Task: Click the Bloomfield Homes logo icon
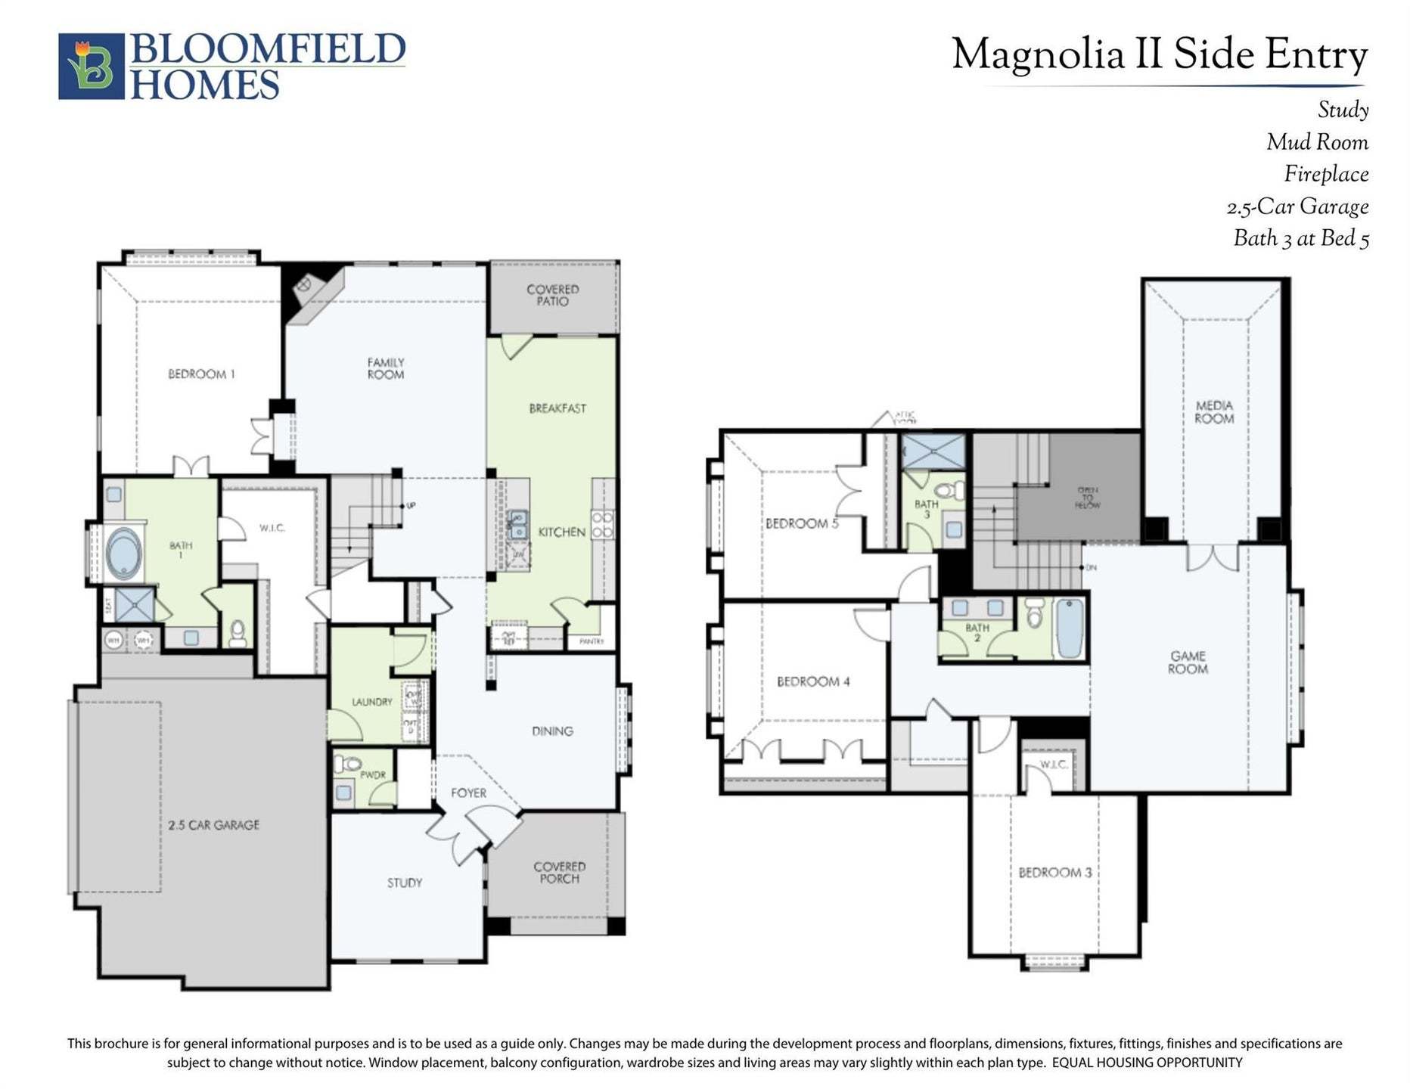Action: pyautogui.click(x=91, y=66)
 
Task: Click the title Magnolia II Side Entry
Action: pyautogui.click(x=1159, y=55)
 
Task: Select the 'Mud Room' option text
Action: pyautogui.click(x=1317, y=142)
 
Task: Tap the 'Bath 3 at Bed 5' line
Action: pyautogui.click(x=1300, y=239)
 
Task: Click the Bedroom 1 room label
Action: pyautogui.click(x=201, y=374)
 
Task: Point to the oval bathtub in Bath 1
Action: pyautogui.click(x=124, y=553)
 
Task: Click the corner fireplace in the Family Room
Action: pyautogui.click(x=304, y=285)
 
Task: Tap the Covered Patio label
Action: pyautogui.click(x=553, y=295)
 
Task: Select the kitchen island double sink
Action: pyautogui.click(x=518, y=524)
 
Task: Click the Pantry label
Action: pyautogui.click(x=592, y=641)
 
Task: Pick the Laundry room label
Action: pyautogui.click(x=371, y=702)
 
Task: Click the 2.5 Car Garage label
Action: pyautogui.click(x=213, y=825)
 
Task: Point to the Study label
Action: pyautogui.click(x=405, y=883)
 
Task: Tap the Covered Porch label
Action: pyautogui.click(x=559, y=873)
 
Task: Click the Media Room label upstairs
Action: pyautogui.click(x=1214, y=411)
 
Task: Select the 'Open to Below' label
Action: pyautogui.click(x=1088, y=497)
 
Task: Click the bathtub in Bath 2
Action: pyautogui.click(x=1070, y=628)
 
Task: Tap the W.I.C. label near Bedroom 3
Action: pyautogui.click(x=1054, y=765)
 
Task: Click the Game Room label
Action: pyautogui.click(x=1188, y=662)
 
